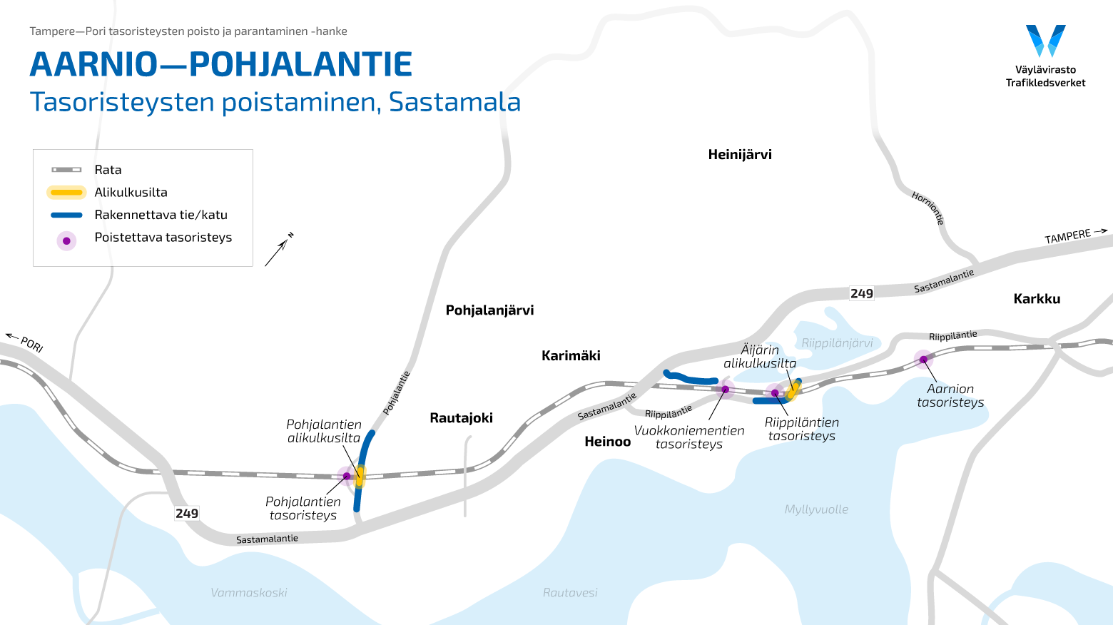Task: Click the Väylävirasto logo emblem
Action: (1045, 41)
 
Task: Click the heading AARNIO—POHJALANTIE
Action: (221, 64)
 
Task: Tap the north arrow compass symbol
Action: (278, 250)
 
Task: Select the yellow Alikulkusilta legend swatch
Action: (66, 193)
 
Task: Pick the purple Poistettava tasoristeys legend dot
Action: (66, 240)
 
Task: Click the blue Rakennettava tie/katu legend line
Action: (66, 215)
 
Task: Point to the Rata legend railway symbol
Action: (66, 170)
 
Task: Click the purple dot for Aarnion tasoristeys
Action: (923, 360)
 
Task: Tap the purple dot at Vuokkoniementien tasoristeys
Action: (726, 389)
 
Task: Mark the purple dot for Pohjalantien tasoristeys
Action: (347, 476)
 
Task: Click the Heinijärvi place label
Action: (740, 155)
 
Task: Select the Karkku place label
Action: (1037, 299)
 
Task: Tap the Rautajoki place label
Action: (461, 418)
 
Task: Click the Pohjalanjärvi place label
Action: (489, 310)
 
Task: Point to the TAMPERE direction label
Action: (1068, 236)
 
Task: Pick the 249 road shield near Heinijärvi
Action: (861, 293)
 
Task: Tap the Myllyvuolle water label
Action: (816, 509)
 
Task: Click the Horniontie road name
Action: (928, 208)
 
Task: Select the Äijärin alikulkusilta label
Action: (760, 356)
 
